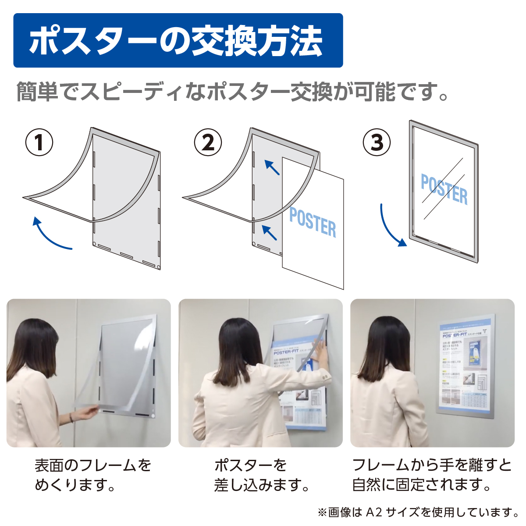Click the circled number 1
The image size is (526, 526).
(39, 142)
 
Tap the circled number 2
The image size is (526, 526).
(208, 142)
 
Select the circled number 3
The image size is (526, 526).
(377, 142)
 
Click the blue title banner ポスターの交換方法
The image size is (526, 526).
(178, 41)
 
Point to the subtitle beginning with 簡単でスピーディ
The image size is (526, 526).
(232, 92)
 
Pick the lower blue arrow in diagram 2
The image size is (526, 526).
(270, 232)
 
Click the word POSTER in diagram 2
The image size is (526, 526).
(313, 223)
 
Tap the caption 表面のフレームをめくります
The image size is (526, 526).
(92, 475)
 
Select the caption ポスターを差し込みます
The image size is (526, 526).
(262, 475)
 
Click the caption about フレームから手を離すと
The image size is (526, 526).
(432, 475)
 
